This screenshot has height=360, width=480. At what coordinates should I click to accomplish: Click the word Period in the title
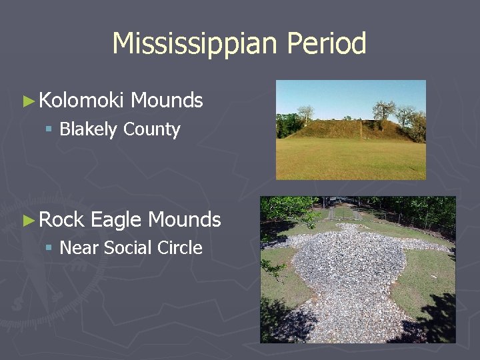tap(327, 44)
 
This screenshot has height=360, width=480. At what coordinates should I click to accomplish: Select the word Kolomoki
tap(81, 101)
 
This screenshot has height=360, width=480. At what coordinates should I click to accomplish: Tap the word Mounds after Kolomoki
tap(167, 101)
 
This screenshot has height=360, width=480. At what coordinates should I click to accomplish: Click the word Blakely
tap(88, 129)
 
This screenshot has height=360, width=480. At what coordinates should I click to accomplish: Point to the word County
tap(152, 129)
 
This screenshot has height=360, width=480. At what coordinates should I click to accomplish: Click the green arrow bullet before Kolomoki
tap(27, 101)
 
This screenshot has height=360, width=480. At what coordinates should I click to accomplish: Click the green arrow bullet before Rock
tap(27, 220)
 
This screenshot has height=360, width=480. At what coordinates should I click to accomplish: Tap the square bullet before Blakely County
tap(49, 129)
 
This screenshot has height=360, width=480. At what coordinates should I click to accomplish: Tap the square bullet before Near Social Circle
tap(49, 248)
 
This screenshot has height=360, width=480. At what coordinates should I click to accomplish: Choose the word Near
tap(79, 248)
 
